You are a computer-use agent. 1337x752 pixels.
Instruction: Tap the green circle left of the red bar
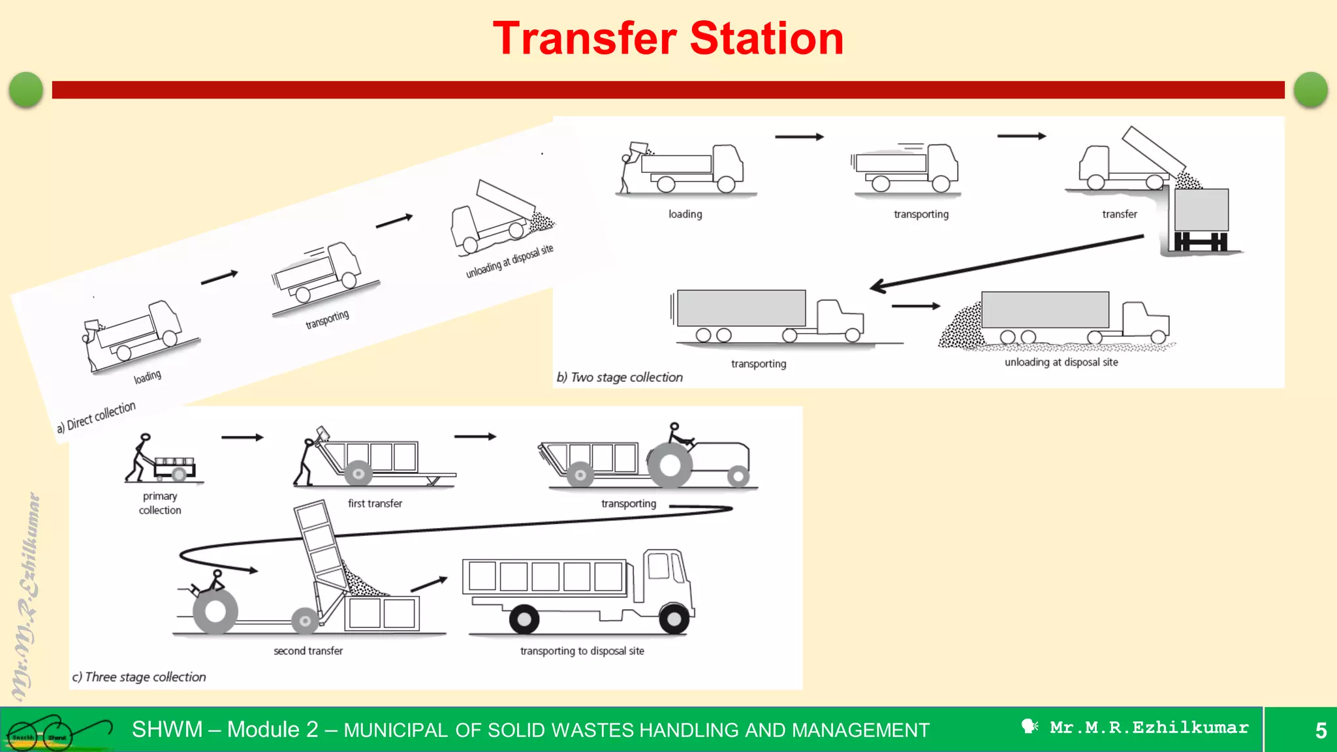[x=26, y=89]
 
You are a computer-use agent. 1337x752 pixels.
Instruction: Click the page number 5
[x=1321, y=730]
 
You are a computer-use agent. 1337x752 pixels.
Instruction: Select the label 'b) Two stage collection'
[x=620, y=377]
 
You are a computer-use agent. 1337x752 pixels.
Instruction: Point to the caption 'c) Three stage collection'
[x=139, y=677]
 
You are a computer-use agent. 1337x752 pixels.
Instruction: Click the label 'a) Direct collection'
[x=96, y=416]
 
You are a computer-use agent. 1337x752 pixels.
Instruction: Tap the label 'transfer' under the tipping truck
[x=1119, y=214]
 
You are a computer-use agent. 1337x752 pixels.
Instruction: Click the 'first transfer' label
[x=375, y=503]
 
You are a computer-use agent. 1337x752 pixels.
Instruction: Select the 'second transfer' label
[x=308, y=651]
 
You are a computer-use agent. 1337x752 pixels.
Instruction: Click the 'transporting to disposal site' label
[x=582, y=651]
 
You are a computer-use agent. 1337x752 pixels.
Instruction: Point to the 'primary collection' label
[x=160, y=503]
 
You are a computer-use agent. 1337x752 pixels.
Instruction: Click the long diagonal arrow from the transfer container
[x=1005, y=262]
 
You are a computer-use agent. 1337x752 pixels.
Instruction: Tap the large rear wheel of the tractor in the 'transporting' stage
[x=670, y=465]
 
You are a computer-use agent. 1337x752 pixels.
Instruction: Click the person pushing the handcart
[x=139, y=458]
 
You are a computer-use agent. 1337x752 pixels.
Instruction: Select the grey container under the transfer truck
[x=1201, y=210]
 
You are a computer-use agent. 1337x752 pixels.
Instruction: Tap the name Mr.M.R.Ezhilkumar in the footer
[x=1148, y=728]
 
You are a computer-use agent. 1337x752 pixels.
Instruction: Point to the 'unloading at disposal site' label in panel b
[x=1061, y=362]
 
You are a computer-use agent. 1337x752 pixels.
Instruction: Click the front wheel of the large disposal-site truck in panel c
[x=674, y=618]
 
